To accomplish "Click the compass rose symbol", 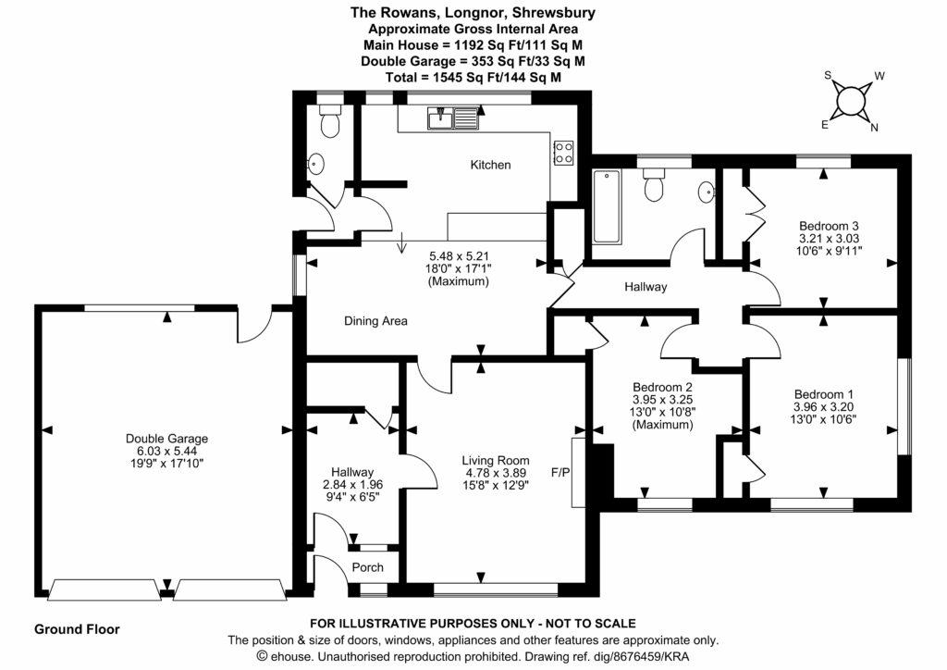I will pos(850,101).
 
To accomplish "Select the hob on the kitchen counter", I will pos(562,153).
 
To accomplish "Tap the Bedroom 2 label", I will pos(663,387).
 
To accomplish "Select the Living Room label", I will pos(498,460).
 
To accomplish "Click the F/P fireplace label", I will pos(560,473).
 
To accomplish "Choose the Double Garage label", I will pos(167,439).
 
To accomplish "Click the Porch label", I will pos(367,567).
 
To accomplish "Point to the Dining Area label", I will pos(375,321).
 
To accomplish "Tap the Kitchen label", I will pos(490,165).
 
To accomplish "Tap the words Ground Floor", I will pos(77,629).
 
